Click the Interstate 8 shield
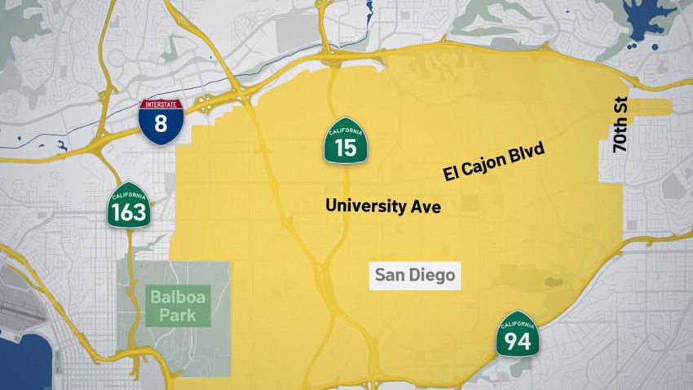coord(161,122)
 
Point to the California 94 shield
coord(517,334)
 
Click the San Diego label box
coord(414,275)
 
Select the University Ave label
coord(382,206)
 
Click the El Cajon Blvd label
coord(493,162)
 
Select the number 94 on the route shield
coord(517,340)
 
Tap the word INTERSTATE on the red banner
coord(161,104)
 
